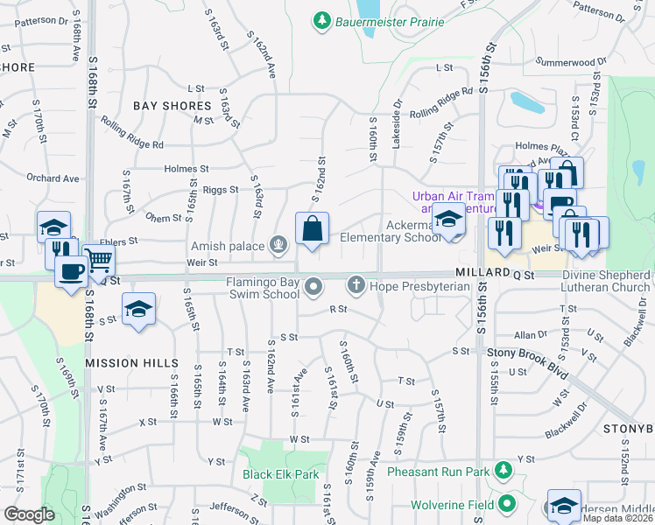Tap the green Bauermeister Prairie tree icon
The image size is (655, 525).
[324, 19]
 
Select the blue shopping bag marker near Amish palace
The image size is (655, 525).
[312, 230]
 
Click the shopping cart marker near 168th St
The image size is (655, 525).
[99, 260]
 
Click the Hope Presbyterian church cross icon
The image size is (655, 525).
[356, 284]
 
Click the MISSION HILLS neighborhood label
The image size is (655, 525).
[131, 362]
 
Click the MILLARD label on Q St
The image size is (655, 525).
[481, 274]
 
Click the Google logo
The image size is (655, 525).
[30, 514]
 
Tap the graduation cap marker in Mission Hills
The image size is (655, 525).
[137, 311]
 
